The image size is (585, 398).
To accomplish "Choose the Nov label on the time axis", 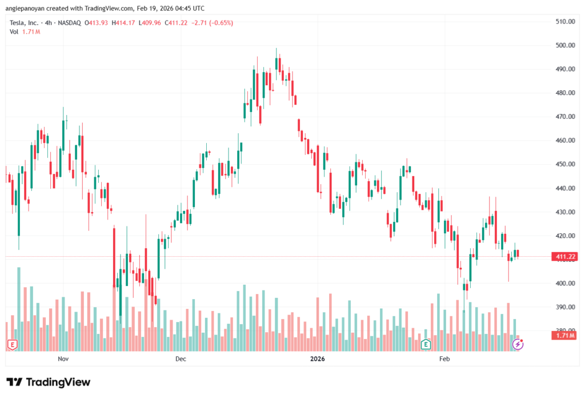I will coord(63,359).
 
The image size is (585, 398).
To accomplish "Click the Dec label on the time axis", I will coord(181,359).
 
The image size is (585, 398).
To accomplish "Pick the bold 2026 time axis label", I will coord(317,359).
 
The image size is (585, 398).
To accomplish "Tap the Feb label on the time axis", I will coord(444,359).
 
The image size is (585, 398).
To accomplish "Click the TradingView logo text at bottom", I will coord(48,382).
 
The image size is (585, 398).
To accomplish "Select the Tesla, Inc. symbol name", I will coord(26,23).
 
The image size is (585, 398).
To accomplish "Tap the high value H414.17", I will coord(124,23).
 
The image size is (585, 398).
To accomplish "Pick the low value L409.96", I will coord(150,23).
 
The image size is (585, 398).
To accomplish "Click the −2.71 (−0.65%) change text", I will coord(213,23).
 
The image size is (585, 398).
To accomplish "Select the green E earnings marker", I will coord(426,344).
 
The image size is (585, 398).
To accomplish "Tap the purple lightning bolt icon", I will coord(518,344).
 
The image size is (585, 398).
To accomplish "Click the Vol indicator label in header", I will coord(14,31).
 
